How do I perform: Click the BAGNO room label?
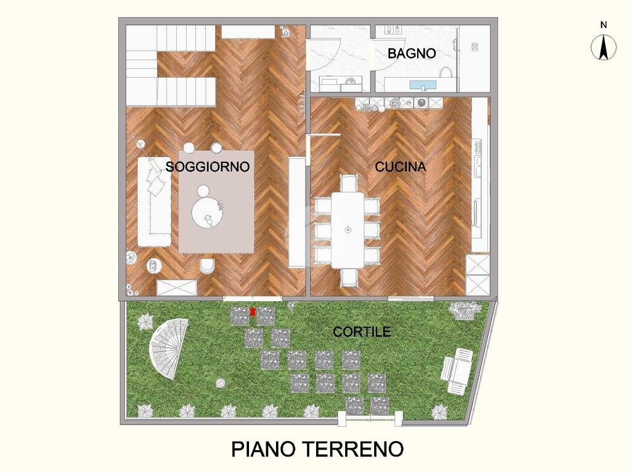(412, 54)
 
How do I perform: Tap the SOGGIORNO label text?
(207, 166)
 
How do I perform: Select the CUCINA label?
(401, 166)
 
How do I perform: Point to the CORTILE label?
(362, 332)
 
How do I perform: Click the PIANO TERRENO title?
(317, 448)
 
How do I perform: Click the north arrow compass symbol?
(604, 48)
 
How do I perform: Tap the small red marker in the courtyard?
(253, 312)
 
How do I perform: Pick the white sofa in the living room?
(153, 202)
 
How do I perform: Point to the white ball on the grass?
(219, 384)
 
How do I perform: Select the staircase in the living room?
(173, 65)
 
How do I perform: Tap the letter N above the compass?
(604, 25)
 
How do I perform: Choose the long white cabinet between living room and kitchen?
(297, 212)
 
